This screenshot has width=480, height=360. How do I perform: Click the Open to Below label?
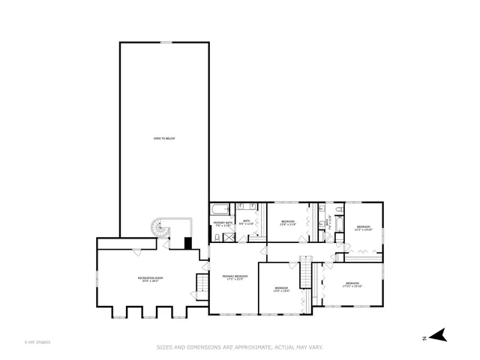[164, 139]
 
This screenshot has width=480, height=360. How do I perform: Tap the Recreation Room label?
[151, 279]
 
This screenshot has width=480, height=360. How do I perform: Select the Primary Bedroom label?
[235, 277]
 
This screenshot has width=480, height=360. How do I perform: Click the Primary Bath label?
[222, 223]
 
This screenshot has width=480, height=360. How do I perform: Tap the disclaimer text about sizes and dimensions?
[239, 347]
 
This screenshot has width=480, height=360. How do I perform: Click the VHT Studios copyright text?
[37, 342]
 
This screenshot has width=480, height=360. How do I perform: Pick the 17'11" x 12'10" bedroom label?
[352, 284]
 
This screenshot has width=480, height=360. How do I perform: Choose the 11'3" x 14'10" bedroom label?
[363, 228]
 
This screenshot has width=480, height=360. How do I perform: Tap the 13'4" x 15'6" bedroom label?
[281, 289]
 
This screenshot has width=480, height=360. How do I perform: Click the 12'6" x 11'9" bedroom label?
[287, 222]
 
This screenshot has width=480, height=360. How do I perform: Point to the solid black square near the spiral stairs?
[188, 243]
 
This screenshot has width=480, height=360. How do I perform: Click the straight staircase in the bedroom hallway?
[305, 271]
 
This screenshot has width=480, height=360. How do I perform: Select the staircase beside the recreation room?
[200, 285]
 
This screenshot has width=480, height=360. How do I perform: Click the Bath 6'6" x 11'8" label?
[247, 223]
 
